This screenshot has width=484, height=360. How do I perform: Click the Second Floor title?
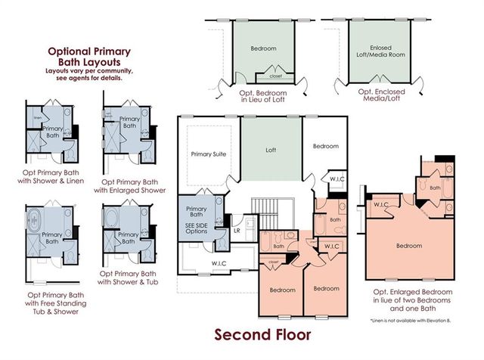(262, 334)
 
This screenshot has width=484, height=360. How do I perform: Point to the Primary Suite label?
(208, 154)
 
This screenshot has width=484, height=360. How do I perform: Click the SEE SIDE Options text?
(196, 228)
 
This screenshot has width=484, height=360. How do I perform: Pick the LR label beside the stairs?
(237, 231)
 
